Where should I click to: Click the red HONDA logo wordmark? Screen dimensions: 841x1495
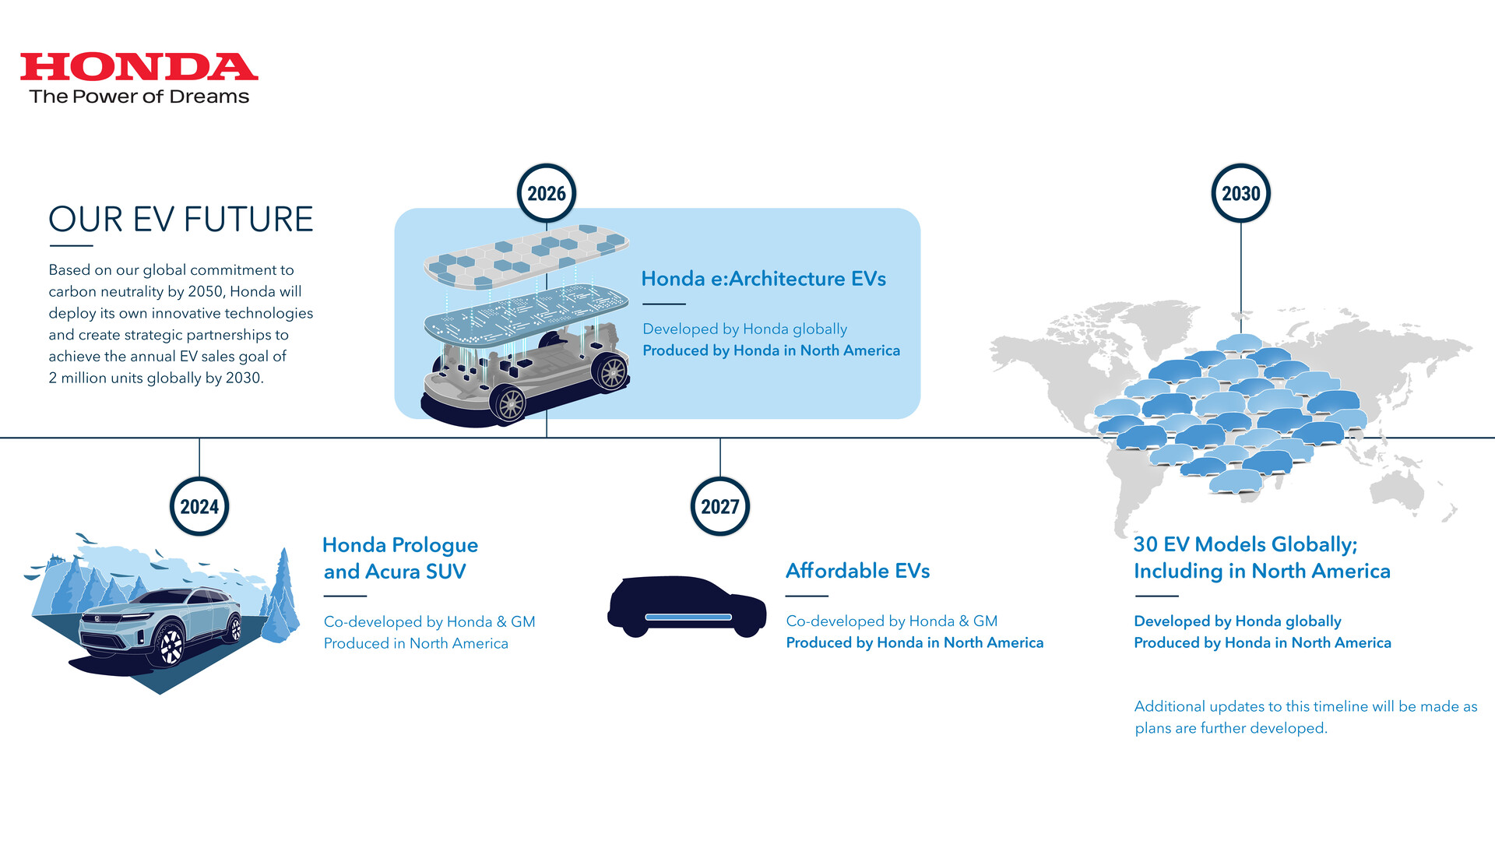(x=139, y=67)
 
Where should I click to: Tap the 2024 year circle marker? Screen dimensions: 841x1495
(x=199, y=507)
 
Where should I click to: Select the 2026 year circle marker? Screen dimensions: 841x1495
(x=547, y=194)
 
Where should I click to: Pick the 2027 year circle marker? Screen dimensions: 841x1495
(x=720, y=507)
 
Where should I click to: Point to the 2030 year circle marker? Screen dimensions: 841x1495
(x=1240, y=194)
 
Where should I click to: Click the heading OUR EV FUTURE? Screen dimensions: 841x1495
(x=181, y=220)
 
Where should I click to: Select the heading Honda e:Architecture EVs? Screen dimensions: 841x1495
(x=763, y=279)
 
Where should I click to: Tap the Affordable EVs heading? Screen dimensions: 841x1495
(x=857, y=571)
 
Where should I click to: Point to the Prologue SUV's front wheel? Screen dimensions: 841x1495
(x=171, y=646)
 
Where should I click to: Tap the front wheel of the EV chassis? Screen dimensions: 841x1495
(x=511, y=403)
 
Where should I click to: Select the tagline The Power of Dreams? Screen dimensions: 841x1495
(x=139, y=97)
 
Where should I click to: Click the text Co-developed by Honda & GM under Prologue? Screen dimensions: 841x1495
(x=429, y=621)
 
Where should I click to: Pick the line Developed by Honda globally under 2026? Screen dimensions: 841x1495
(x=744, y=329)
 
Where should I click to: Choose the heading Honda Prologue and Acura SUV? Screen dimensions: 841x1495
(x=399, y=558)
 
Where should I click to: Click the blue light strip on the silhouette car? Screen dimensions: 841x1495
(x=688, y=618)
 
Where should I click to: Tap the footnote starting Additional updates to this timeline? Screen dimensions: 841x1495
(x=1305, y=717)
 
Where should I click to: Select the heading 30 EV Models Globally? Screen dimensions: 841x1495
(x=1261, y=558)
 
